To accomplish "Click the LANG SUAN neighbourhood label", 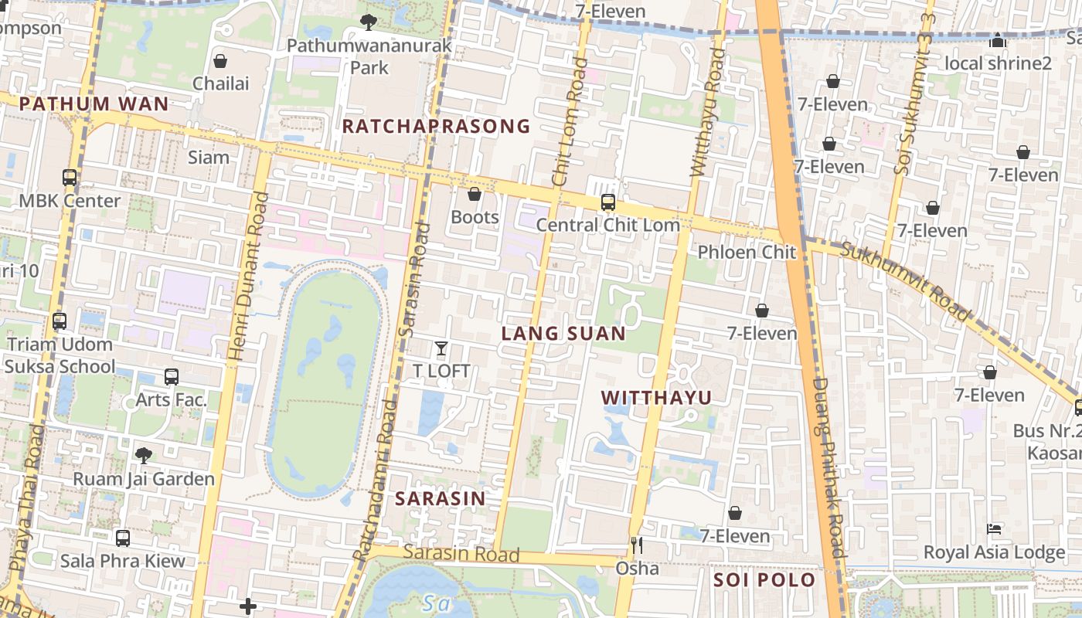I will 563,334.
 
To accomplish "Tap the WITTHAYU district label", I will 656,398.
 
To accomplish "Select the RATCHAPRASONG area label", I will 436,126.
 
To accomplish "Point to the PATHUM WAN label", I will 94,104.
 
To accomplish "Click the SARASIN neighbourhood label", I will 440,499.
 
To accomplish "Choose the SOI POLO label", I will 764,580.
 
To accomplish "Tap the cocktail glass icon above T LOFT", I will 441,349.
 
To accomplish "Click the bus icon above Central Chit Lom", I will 608,203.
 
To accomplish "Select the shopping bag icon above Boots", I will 475,195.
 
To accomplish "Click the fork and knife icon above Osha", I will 637,546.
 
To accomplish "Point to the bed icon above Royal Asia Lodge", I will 994,530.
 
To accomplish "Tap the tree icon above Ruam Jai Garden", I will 143,456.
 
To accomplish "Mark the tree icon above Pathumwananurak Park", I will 369,22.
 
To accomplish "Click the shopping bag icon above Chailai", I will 220,61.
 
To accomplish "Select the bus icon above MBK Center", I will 70,178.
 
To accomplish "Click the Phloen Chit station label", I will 747,252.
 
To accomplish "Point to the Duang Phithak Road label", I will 827,467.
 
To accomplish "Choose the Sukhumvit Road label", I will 904,281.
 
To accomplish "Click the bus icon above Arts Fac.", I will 172,377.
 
